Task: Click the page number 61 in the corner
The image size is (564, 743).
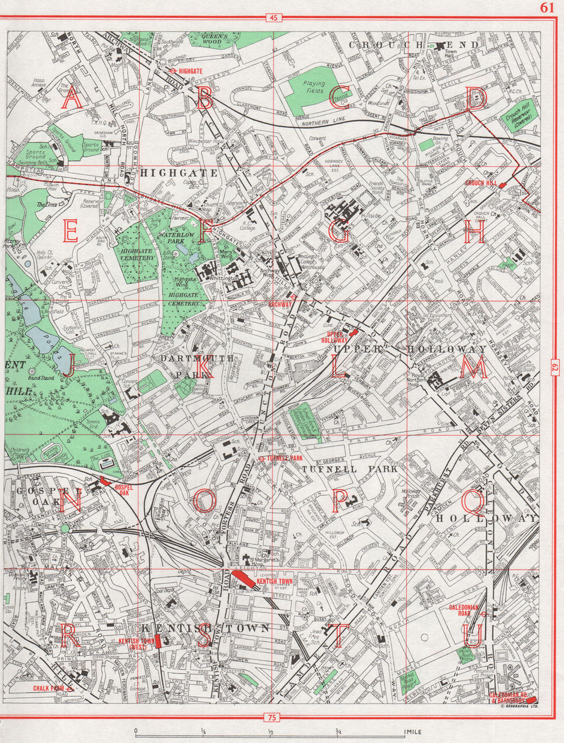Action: (547, 7)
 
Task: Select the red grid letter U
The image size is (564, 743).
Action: (475, 636)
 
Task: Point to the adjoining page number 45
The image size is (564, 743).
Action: (274, 18)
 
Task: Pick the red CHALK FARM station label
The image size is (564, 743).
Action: (49, 688)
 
